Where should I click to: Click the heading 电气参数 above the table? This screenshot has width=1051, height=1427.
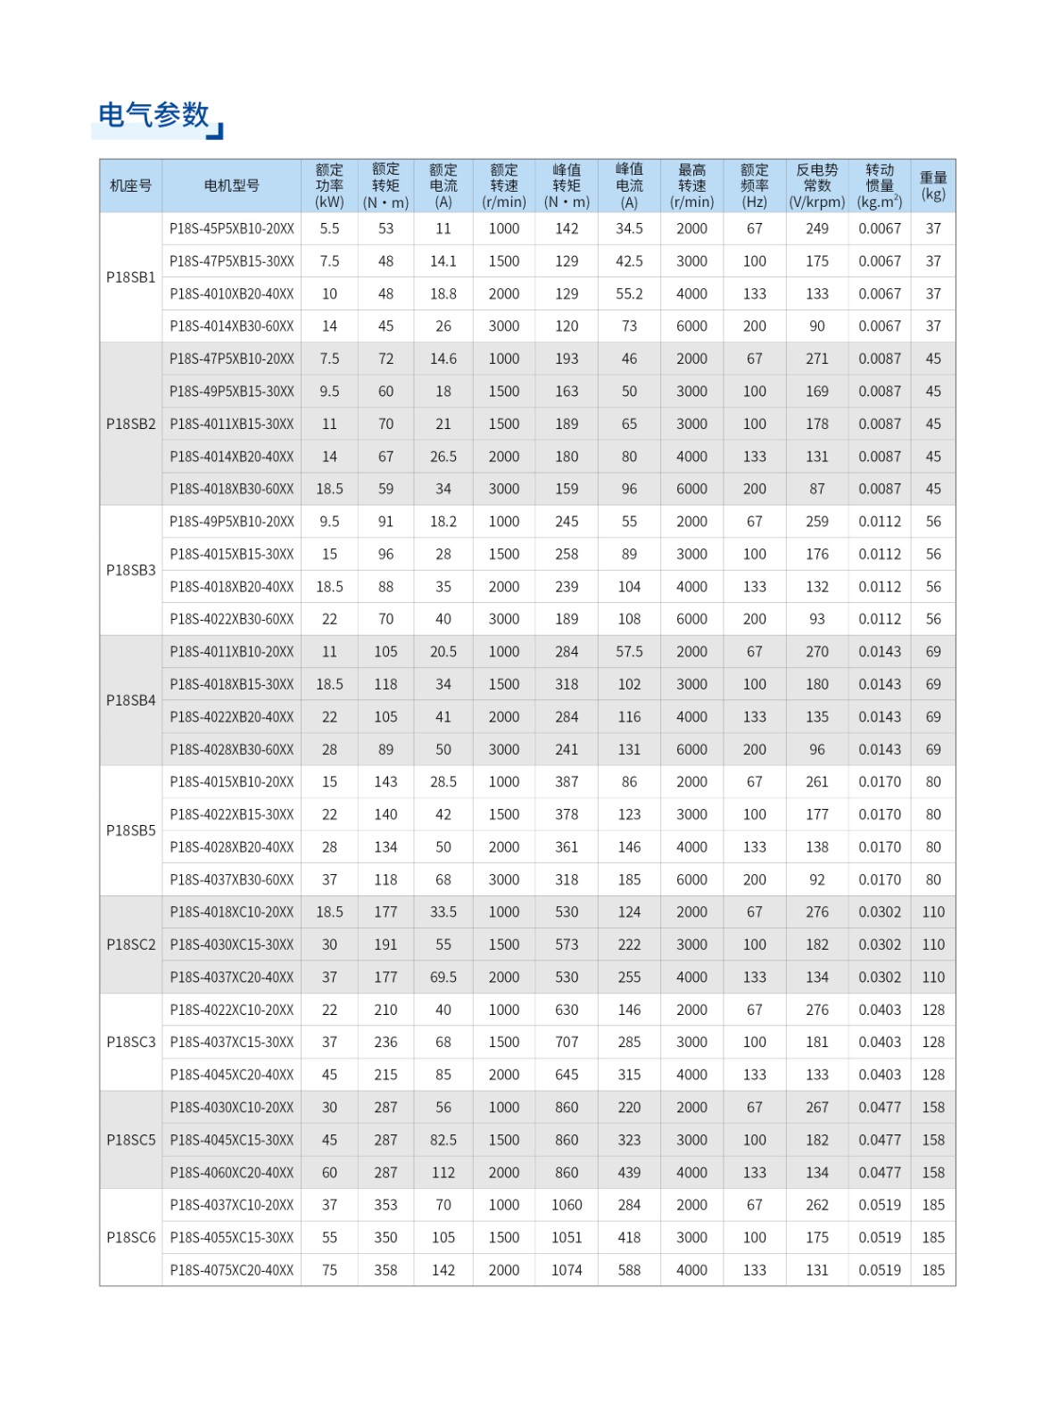pos(153,115)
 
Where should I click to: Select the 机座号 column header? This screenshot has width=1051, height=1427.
pos(130,186)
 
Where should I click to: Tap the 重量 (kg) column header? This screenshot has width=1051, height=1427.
pos(932,186)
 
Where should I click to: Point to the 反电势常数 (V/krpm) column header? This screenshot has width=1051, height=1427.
pos(816,186)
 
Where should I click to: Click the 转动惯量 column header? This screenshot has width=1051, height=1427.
pos(879,186)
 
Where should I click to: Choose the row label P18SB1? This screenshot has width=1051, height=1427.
pos(130,277)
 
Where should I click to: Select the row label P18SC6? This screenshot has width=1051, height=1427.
pos(130,1237)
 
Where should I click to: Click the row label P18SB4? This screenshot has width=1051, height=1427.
pos(130,700)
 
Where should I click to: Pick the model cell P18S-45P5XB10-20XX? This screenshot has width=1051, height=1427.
pos(231,228)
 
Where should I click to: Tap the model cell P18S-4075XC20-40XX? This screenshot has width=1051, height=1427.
pos(231,1270)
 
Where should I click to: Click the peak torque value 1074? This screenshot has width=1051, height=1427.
pos(567,1270)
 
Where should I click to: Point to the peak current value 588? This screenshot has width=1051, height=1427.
pos(629,1270)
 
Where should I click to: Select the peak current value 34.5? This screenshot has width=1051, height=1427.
pos(629,228)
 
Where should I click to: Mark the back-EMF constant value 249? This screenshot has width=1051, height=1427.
pos(816,228)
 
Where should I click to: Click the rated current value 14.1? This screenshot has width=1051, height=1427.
pos(443,261)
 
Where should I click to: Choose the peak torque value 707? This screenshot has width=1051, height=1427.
pos(567,1042)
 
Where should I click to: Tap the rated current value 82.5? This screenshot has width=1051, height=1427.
pos(443,1140)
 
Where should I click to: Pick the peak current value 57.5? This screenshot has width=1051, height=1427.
pos(629,652)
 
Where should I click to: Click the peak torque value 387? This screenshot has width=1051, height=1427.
pos(567,782)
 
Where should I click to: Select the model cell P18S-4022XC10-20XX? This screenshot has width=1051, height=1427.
pos(231,1010)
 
